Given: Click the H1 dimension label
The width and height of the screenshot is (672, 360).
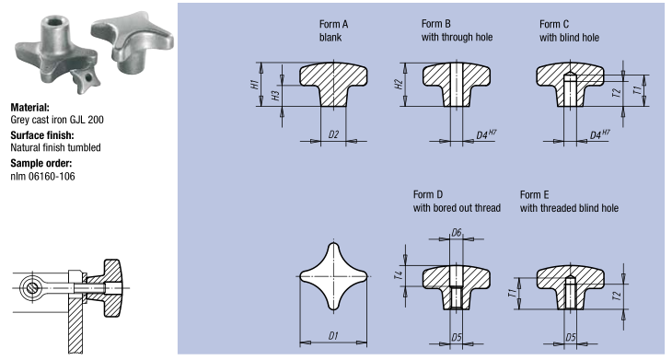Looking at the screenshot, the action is tap(254, 84).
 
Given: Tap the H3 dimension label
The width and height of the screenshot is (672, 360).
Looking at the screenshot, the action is tap(275, 95).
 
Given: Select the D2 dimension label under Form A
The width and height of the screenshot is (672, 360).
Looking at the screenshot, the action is tap(333, 134).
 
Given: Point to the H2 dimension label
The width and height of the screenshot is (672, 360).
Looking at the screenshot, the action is tap(399, 84).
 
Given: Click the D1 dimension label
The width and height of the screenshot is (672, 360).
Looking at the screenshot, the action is tap(333, 336).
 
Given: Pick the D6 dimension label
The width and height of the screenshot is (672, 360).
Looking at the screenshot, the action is tap(457, 233).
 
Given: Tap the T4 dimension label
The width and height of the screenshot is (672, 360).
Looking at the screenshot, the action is tap(399, 275).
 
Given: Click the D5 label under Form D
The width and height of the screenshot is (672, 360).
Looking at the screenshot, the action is tap(457, 337).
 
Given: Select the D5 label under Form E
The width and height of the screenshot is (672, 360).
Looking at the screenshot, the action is tap(571, 337).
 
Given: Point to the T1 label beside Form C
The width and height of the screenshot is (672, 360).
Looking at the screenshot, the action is tap(637, 90).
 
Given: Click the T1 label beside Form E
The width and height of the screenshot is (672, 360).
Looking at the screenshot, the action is tap(511, 293).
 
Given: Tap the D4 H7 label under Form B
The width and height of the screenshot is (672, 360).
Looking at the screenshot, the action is tap(486, 134).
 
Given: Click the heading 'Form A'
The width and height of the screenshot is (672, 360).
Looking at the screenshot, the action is tap(333, 25).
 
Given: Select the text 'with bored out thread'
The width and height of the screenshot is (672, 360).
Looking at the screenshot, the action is tap(457, 208).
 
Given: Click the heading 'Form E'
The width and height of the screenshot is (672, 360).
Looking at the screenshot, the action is tap(534, 195).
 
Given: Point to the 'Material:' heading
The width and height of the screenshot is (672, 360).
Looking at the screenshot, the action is tap(30, 108).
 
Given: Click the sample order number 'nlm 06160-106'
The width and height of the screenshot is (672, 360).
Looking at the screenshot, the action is tap(42, 177).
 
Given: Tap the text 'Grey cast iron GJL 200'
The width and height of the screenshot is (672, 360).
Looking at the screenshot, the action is tap(57, 120).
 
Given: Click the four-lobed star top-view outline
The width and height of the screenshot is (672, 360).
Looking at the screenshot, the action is tap(333, 243).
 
